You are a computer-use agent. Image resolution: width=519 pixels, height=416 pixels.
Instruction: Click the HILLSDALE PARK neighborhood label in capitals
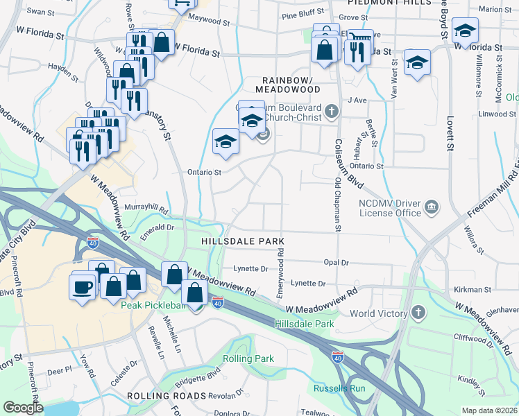point(243,241)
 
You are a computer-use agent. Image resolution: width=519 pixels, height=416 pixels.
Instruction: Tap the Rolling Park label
point(248,358)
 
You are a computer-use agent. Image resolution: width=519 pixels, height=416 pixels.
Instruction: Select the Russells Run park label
point(339,388)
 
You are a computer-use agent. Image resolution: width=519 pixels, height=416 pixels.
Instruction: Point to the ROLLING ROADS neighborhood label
point(167,396)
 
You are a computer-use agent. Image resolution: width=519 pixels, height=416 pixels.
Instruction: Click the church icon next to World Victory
point(418,313)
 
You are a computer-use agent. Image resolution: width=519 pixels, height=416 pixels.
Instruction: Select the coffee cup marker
point(82,286)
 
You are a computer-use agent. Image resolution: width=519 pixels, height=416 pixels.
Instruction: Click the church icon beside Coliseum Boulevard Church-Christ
point(332,111)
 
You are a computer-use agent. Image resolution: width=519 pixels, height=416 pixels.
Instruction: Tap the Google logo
point(23,408)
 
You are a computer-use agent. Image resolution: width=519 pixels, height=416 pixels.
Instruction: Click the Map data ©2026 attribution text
point(489,410)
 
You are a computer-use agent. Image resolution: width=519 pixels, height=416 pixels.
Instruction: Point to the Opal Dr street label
point(336,263)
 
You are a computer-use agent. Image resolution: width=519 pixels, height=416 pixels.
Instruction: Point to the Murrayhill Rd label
point(146,208)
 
